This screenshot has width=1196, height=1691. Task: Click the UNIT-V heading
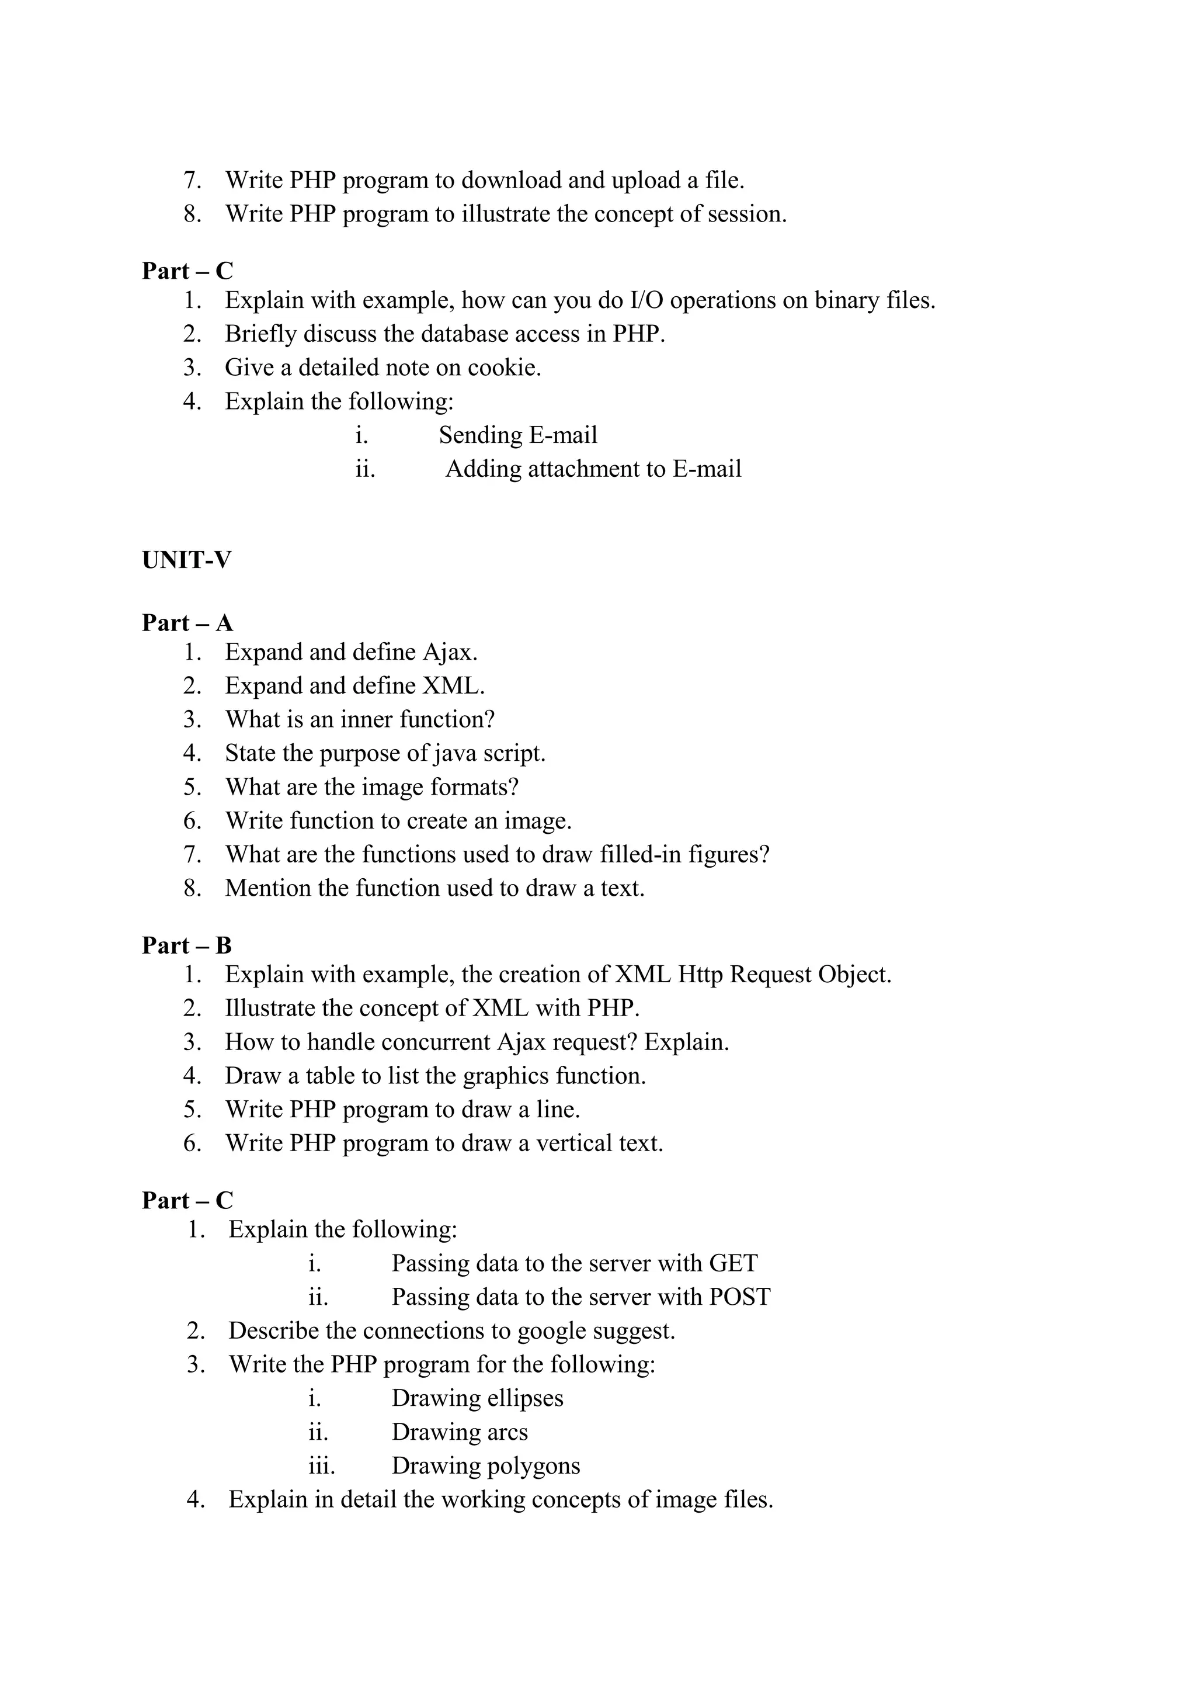(186, 561)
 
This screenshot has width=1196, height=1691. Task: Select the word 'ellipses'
(525, 1398)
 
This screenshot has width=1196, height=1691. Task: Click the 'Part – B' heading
(187, 945)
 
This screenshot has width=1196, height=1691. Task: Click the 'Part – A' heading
(187, 623)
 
